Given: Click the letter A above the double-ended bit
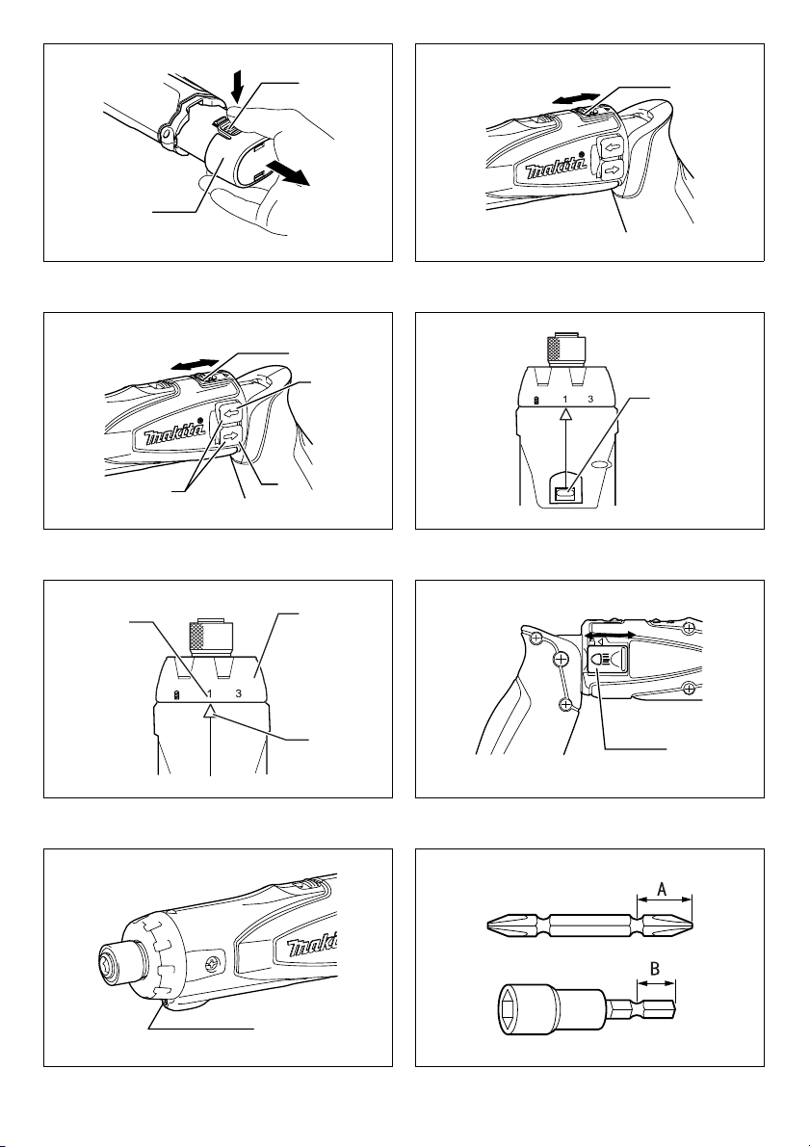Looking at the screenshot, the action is [662, 890].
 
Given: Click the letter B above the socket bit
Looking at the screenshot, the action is [656, 968].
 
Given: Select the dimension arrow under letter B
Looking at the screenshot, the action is [657, 984].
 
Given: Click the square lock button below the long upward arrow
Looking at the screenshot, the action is [564, 494].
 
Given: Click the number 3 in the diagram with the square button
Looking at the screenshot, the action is [589, 400].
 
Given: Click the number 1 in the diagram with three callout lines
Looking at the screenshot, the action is [209, 693].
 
